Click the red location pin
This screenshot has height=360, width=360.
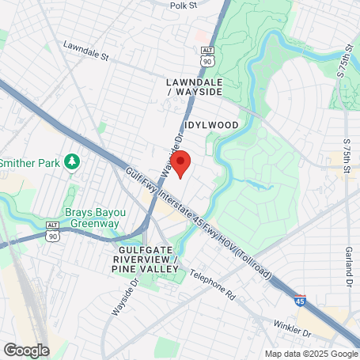pos(181,164)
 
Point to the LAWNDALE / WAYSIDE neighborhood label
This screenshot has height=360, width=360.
pos(194,87)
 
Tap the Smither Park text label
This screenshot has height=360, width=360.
pos(31,162)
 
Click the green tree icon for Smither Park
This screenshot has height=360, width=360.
pos(73,161)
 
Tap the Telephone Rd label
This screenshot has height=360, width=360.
pos(214,286)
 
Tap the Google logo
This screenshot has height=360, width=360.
pos(26,350)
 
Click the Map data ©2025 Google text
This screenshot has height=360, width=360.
pos(311,354)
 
